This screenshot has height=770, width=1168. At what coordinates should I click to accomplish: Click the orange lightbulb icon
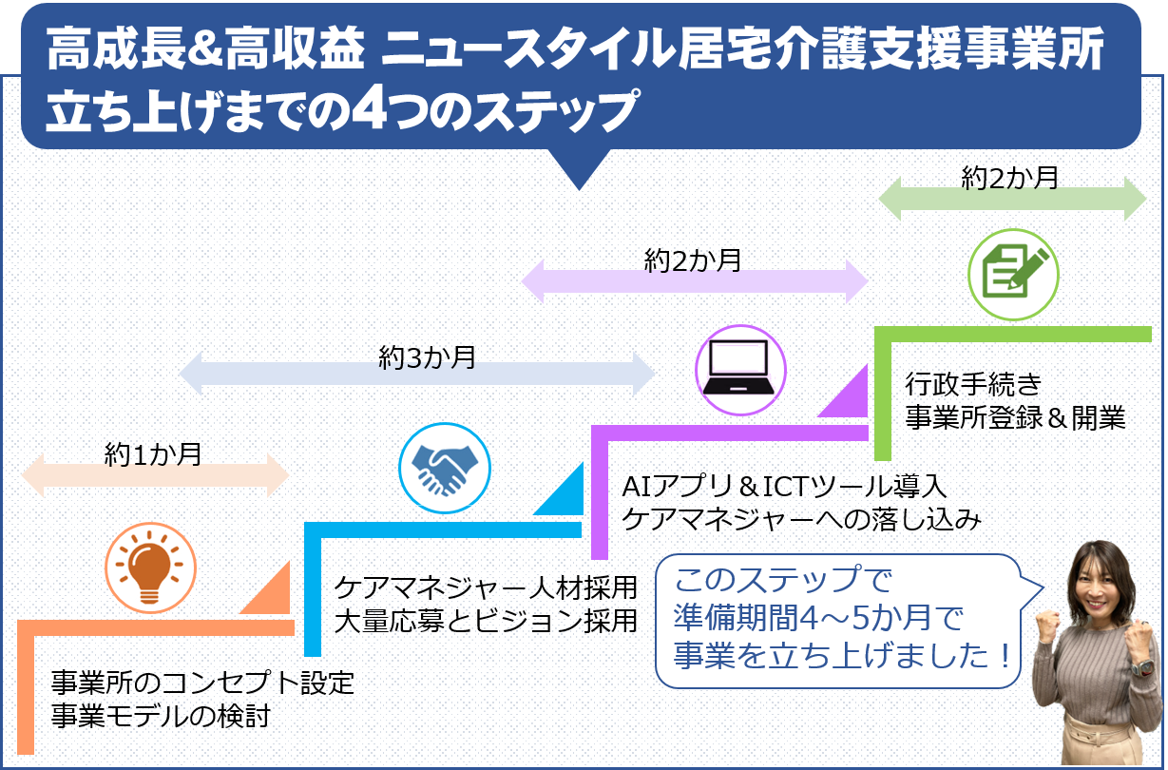tap(150, 568)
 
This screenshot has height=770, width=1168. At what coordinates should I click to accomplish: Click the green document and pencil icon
tap(1013, 271)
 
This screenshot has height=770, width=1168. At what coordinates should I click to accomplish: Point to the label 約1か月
tap(153, 454)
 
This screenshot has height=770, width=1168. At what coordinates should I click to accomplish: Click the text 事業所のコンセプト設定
tap(201, 683)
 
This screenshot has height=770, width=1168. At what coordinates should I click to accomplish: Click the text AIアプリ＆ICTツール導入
tap(784, 487)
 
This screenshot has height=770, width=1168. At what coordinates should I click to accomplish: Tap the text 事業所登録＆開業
tap(1015, 418)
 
